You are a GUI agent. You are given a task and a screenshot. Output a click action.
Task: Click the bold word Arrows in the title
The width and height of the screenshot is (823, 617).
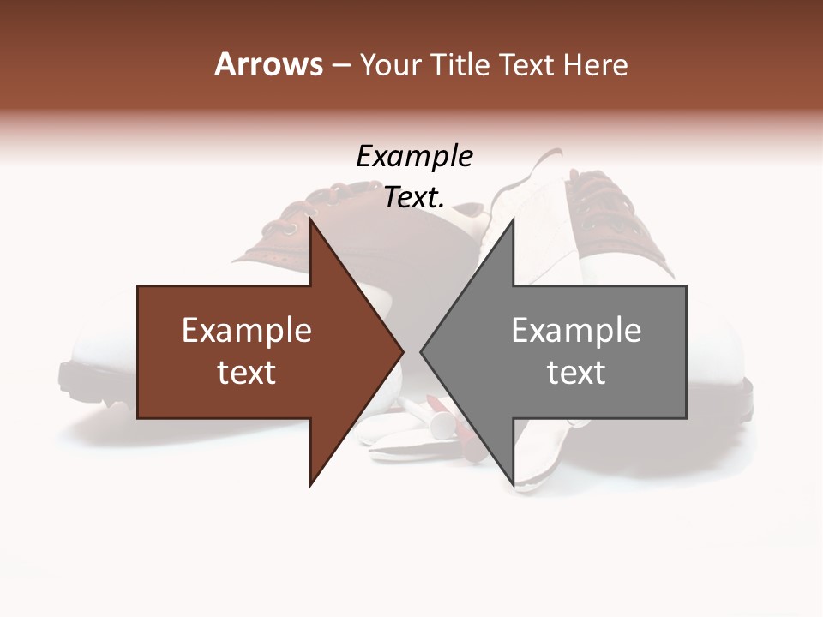268,64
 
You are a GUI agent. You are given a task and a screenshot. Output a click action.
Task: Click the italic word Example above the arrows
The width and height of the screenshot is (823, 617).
414,157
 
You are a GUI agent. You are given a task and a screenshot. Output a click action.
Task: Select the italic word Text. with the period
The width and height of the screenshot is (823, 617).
414,198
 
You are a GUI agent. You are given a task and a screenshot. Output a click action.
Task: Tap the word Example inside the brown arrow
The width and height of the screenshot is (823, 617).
247,331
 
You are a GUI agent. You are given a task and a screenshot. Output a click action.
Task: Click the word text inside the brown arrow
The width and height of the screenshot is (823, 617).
247,373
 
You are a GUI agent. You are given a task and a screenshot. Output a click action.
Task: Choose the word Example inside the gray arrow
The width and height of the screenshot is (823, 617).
576,331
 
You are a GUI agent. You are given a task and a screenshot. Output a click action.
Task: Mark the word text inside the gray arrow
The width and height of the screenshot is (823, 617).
576,373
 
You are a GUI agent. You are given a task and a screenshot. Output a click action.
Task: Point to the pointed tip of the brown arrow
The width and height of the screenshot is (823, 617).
403,351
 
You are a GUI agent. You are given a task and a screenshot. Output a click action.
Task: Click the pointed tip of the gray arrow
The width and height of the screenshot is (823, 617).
421,351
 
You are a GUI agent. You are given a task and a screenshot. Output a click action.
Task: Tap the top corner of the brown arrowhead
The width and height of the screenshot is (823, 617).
311,219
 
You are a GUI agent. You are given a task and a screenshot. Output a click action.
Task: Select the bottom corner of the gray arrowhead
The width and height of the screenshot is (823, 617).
513,485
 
